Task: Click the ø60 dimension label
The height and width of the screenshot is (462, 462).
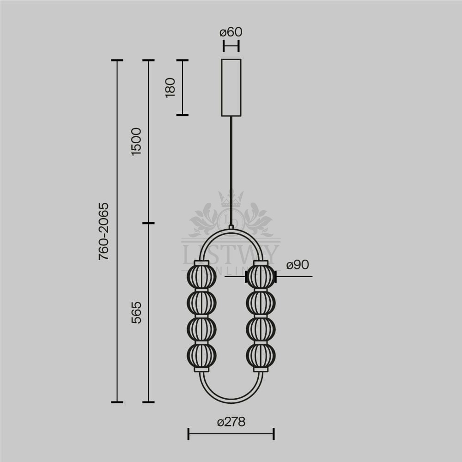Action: click(231, 32)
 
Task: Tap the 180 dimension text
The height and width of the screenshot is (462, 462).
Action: click(170, 87)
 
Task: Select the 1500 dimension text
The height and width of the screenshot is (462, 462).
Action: click(136, 142)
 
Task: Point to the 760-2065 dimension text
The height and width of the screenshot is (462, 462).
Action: click(103, 231)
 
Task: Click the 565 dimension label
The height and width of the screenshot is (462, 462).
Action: click(136, 313)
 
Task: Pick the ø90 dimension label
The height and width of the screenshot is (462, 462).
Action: click(298, 265)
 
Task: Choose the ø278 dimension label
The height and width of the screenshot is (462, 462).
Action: click(231, 422)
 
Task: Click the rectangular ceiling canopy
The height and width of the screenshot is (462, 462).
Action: click(231, 87)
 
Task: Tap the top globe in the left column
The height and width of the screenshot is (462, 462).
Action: click(201, 277)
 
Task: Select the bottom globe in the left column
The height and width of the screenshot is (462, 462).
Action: click(201, 356)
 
